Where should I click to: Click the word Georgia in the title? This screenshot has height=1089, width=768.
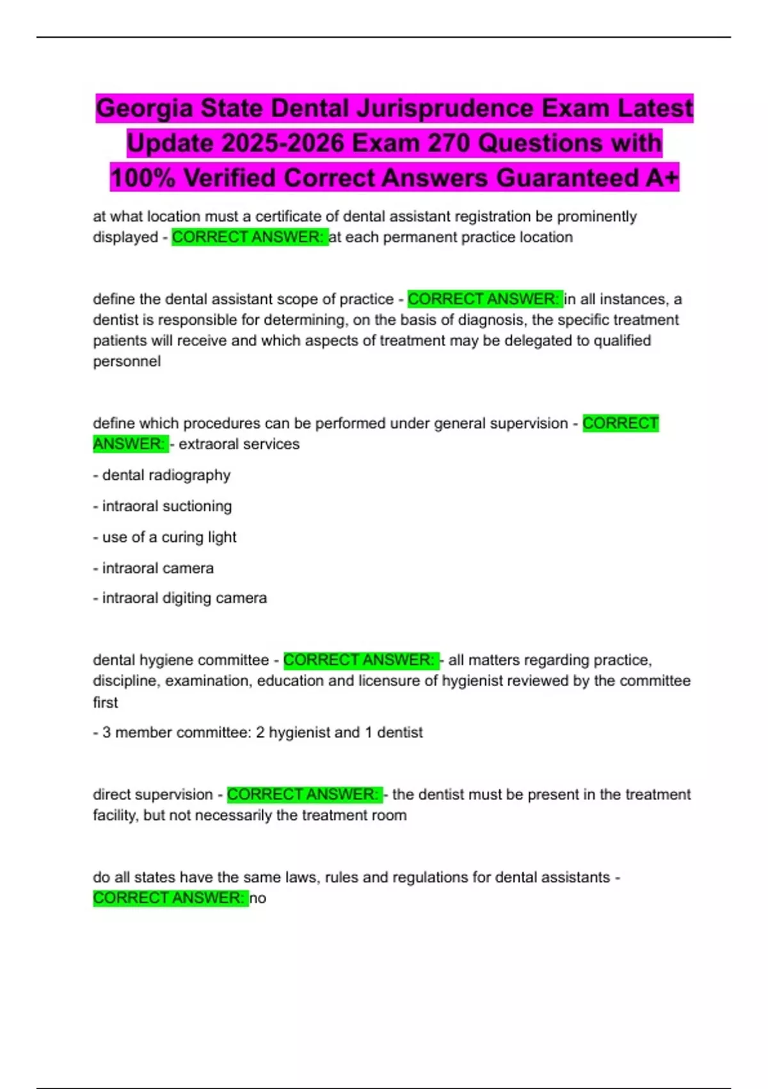144,108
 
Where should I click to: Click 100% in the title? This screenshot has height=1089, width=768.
143,177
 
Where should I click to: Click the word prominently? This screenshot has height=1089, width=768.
596,217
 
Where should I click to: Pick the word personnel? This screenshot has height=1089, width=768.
127,361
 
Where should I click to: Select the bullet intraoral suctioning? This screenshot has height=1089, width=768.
163,506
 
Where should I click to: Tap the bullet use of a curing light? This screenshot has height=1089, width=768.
165,537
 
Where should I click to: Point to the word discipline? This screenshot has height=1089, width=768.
125,681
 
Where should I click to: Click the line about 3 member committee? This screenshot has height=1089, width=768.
258,733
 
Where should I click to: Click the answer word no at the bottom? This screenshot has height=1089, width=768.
258,898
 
